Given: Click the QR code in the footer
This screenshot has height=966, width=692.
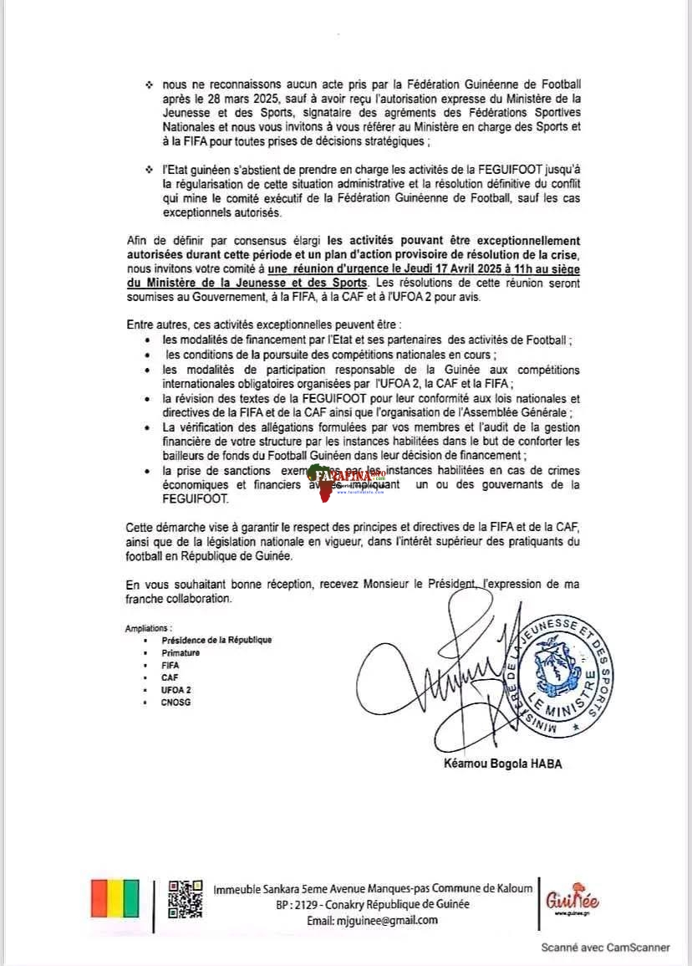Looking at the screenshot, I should pos(186,899).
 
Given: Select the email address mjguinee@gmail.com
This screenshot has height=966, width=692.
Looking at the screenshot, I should pos(372,920).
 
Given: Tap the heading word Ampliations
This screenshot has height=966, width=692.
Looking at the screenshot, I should pos(149,628).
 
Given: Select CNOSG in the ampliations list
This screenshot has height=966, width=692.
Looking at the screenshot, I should pos(176,703).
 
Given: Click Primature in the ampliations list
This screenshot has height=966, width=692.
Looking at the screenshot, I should pos(181,652).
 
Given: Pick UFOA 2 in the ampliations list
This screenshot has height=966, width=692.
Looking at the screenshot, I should pos(176,690).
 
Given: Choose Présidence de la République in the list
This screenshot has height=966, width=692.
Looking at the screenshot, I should pos(216,640).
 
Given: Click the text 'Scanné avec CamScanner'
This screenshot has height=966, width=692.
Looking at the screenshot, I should pos(605,948).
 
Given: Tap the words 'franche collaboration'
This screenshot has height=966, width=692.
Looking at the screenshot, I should pos(178,599).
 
